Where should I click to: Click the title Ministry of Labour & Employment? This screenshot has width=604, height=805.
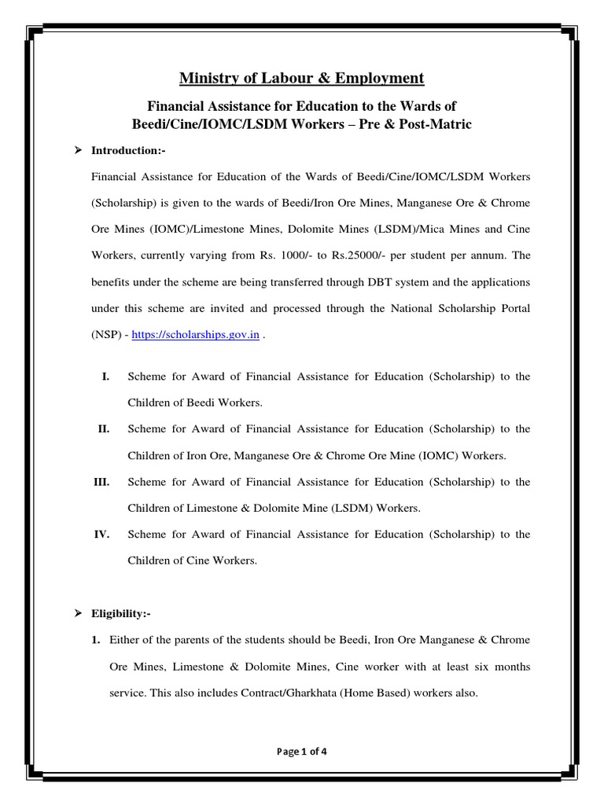point(302,78)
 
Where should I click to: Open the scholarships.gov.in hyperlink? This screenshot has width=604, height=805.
point(195,334)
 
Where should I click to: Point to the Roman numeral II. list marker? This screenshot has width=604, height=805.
point(103,429)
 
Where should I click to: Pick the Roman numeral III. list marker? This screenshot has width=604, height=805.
point(101,482)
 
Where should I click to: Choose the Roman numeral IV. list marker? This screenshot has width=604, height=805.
point(101,535)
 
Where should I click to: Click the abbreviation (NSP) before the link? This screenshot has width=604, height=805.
point(107,334)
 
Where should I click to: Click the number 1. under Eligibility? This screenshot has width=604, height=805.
point(96,641)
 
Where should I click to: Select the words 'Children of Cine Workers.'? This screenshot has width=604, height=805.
point(192,561)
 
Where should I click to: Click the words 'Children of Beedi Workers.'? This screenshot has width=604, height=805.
point(194,403)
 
